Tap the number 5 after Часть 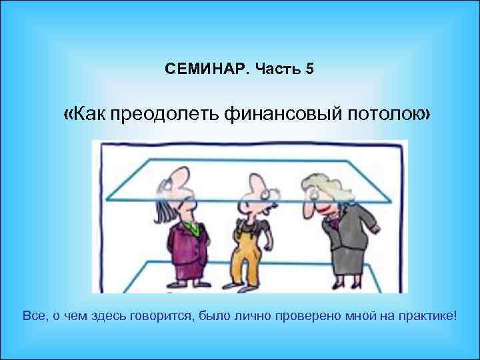pyautogui.click(x=309, y=69)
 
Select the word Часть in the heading pyautogui.click(x=275, y=69)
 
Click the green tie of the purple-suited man pyautogui.click(x=194, y=229)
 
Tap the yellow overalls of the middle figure pyautogui.click(x=248, y=257)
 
